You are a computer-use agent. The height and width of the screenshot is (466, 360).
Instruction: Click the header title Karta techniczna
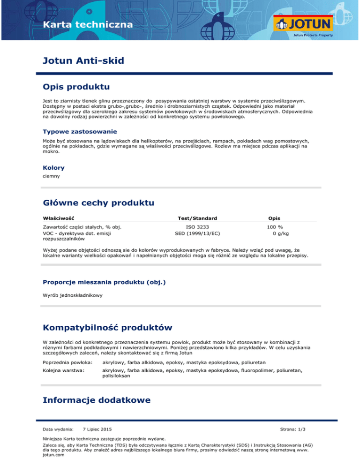click(x=88, y=24)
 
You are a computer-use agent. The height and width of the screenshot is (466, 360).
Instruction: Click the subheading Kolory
click(x=53, y=167)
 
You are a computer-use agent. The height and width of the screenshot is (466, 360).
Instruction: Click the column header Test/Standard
click(x=197, y=218)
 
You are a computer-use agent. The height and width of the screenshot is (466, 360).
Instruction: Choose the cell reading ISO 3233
click(x=197, y=227)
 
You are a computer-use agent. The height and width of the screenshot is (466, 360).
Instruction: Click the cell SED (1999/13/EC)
click(x=197, y=233)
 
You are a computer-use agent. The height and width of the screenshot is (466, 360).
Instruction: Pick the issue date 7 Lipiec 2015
click(x=97, y=429)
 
